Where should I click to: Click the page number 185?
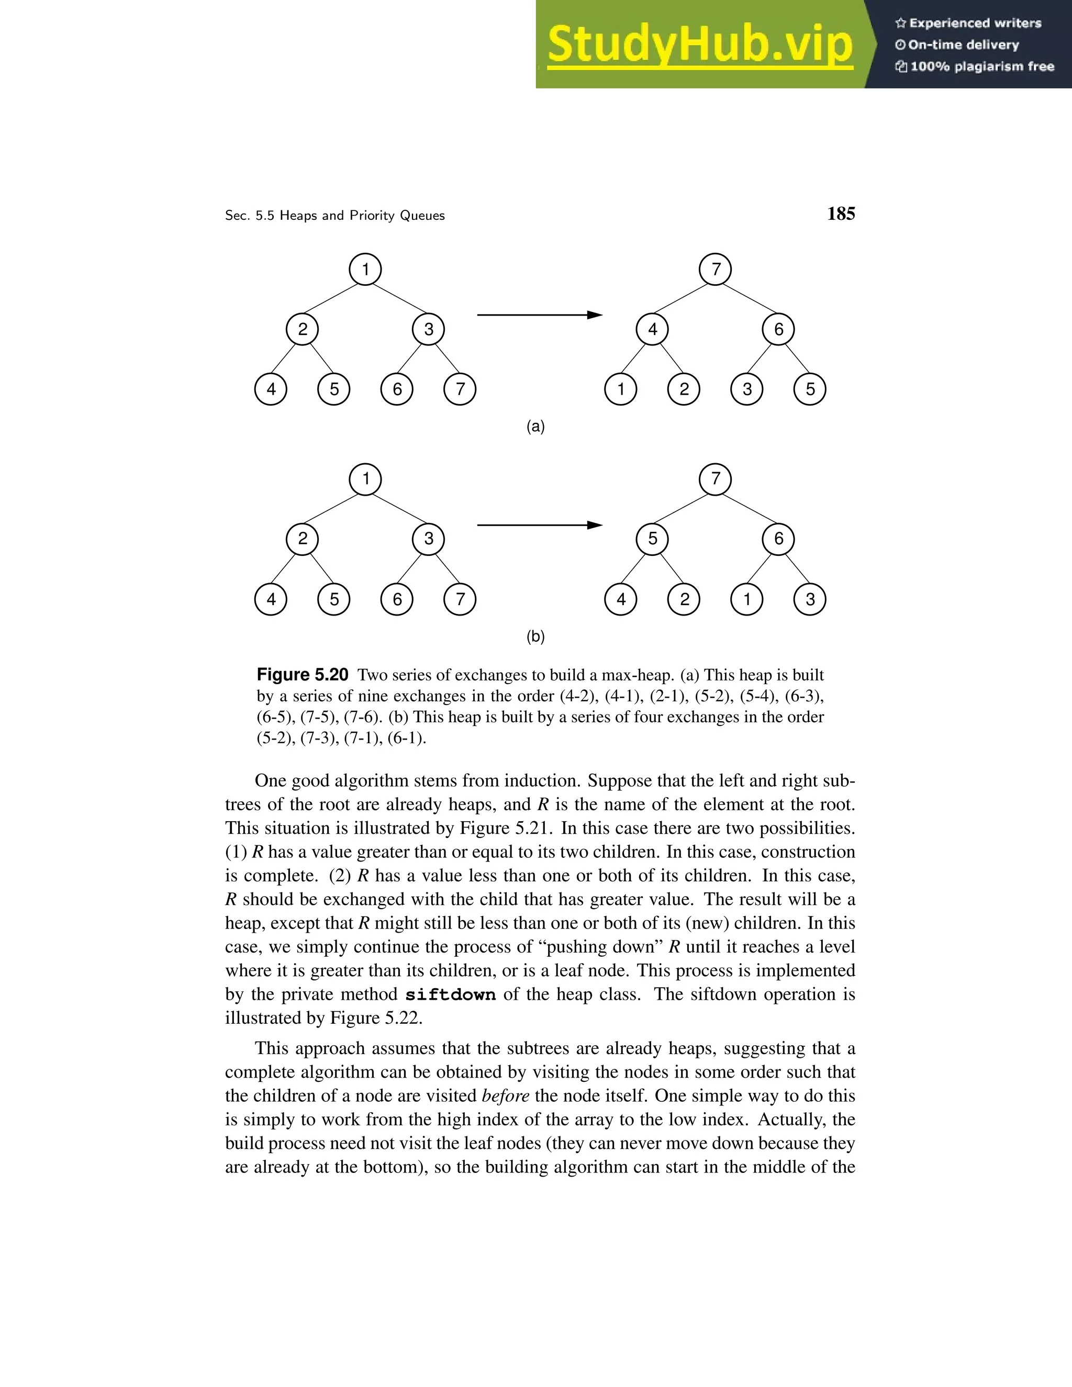point(841,214)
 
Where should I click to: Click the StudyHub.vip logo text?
point(699,44)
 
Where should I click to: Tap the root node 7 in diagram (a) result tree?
point(715,269)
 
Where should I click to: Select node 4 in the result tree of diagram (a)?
point(652,329)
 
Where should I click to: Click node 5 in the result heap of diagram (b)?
point(652,539)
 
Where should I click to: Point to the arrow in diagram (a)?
point(539,315)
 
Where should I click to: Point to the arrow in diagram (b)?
point(539,525)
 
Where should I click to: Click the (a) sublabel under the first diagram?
point(535,427)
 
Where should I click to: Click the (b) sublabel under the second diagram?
point(535,636)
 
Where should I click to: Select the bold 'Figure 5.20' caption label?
point(303,675)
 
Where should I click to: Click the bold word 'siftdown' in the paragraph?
point(450,994)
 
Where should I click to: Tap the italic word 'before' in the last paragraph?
point(506,1096)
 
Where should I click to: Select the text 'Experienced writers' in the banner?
point(975,24)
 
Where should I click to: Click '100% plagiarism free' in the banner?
point(982,66)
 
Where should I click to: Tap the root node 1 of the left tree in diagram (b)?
point(365,479)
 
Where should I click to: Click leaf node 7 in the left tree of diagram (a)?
point(460,389)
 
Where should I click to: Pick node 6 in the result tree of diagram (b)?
point(778,539)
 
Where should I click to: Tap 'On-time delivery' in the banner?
point(964,45)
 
